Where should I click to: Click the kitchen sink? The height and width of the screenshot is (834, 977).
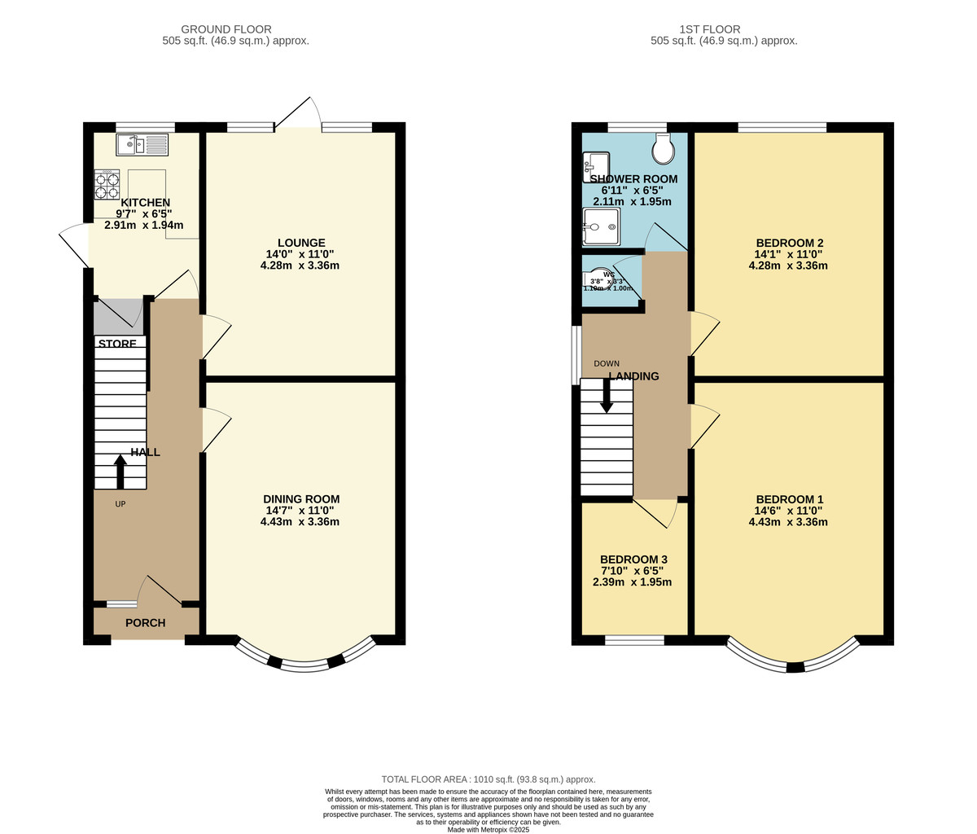(x=142, y=145)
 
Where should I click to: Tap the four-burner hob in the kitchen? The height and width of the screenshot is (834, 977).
(x=107, y=185)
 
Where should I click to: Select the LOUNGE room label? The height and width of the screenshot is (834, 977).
(x=301, y=243)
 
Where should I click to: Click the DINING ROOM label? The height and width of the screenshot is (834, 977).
(x=301, y=498)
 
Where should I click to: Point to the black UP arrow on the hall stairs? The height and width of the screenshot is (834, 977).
(x=120, y=472)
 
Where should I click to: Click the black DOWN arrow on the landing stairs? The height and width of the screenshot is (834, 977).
(x=607, y=395)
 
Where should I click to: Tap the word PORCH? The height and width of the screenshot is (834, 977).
(x=145, y=623)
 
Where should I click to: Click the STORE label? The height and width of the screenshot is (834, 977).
(x=117, y=343)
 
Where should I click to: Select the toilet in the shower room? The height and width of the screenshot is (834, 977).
(x=664, y=148)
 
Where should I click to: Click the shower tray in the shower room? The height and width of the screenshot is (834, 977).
(x=601, y=227)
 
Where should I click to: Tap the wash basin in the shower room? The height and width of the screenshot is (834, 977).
(x=595, y=166)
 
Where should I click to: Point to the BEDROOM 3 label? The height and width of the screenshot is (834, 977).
(x=633, y=560)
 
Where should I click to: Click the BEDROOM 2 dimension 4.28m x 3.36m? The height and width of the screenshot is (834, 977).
(x=788, y=266)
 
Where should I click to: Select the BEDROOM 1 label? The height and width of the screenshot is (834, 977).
(x=790, y=498)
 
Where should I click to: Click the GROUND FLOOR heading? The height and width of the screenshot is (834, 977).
(x=226, y=29)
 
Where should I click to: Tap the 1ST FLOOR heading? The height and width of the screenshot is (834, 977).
(x=709, y=29)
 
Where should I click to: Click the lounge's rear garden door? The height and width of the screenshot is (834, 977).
(x=298, y=112)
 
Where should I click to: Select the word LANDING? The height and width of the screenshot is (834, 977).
(x=633, y=375)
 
